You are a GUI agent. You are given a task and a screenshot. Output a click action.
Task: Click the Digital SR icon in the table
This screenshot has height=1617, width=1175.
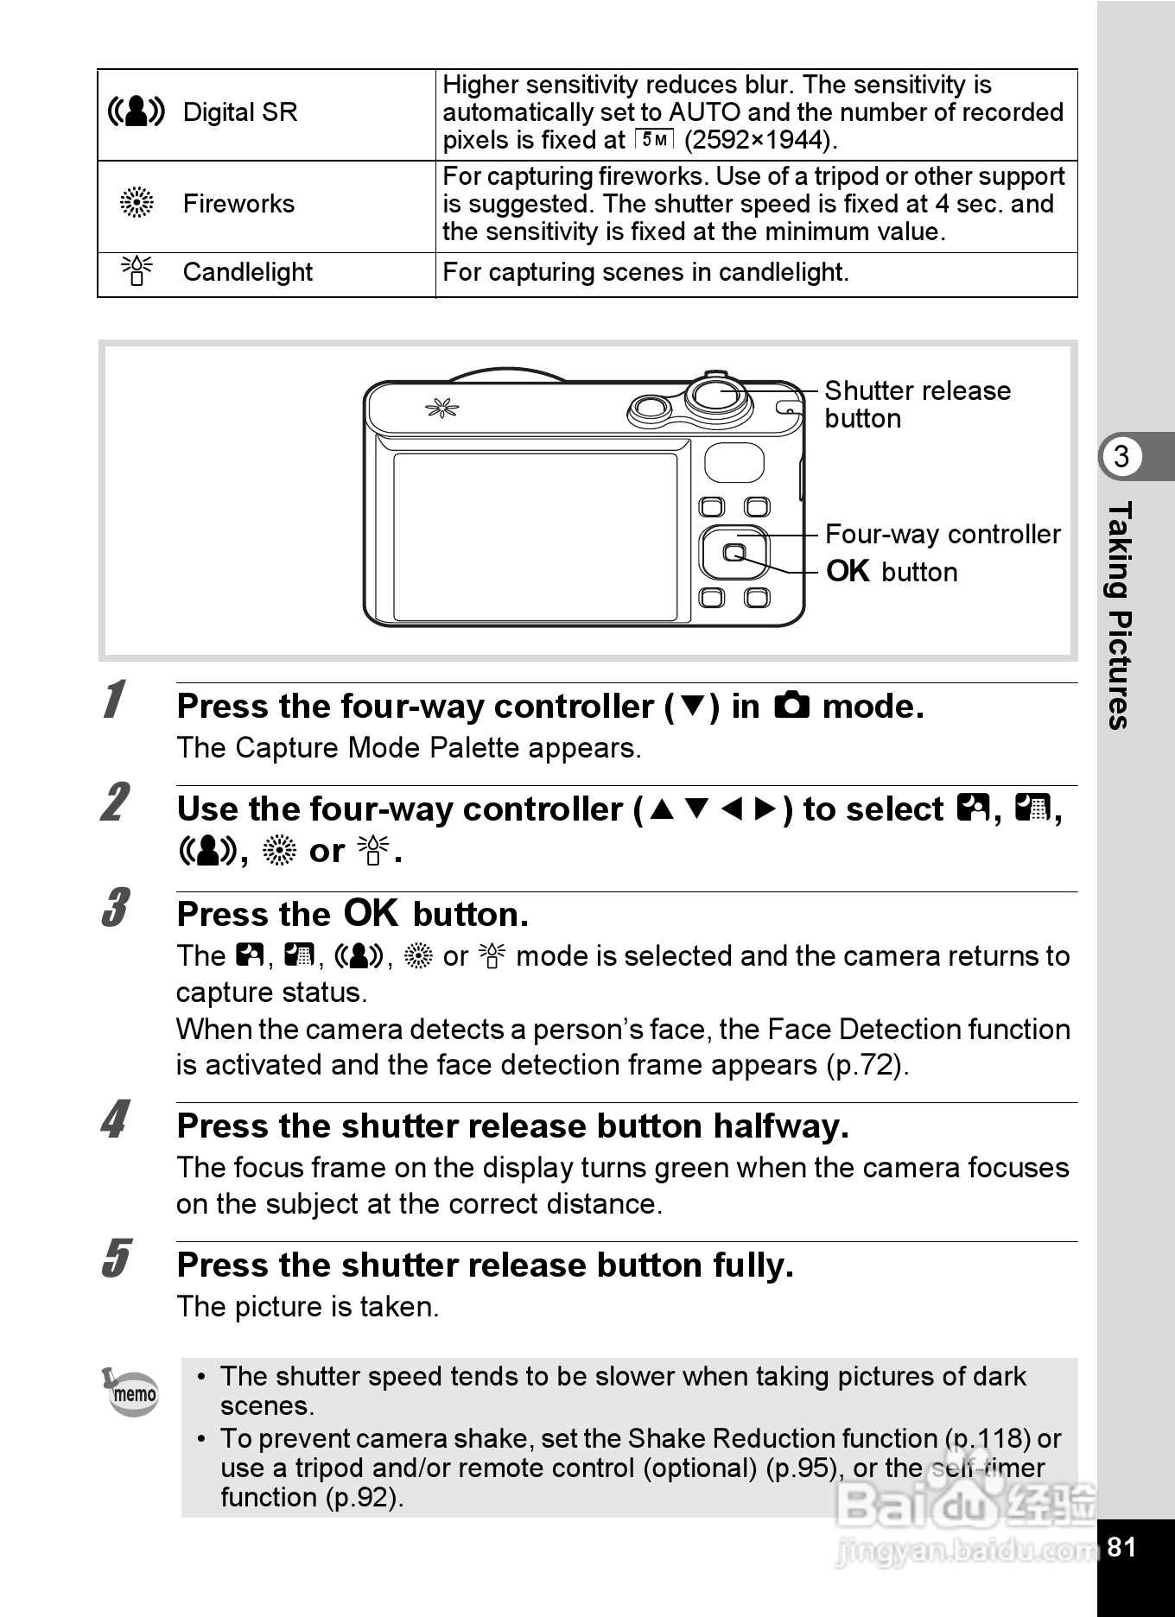coord(136,112)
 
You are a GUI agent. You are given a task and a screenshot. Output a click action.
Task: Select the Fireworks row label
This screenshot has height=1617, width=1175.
coord(238,204)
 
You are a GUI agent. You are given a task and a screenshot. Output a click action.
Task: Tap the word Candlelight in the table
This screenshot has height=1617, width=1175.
coord(247,272)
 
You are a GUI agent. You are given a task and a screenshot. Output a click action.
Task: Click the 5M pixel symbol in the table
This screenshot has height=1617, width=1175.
coord(654,139)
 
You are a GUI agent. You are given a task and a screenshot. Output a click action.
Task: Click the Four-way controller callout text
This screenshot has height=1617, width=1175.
coord(942,534)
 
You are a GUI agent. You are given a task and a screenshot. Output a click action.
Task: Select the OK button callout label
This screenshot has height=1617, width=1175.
coord(892,571)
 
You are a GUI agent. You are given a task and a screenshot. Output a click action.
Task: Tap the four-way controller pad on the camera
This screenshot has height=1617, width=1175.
coord(734,552)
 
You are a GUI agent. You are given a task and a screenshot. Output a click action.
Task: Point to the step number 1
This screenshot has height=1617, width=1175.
coord(113,699)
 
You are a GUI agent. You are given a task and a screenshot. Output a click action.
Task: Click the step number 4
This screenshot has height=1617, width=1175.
coord(115,1120)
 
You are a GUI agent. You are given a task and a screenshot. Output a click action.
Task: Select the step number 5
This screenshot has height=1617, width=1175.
coord(116,1259)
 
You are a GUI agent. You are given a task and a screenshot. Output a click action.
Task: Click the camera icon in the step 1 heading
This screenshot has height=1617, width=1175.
coord(791,706)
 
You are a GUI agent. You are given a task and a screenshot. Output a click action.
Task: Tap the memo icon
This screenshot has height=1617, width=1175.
coord(132,1392)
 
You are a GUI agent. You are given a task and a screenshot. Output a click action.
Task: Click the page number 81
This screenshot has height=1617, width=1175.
coord(1121,1546)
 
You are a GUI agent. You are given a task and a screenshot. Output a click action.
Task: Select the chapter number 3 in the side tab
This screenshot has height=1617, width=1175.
coord(1121,456)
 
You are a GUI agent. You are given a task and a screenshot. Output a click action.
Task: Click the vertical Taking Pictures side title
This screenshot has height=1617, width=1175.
coord(1120,615)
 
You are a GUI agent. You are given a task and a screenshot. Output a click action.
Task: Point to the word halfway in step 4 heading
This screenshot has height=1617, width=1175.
coord(780,1126)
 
